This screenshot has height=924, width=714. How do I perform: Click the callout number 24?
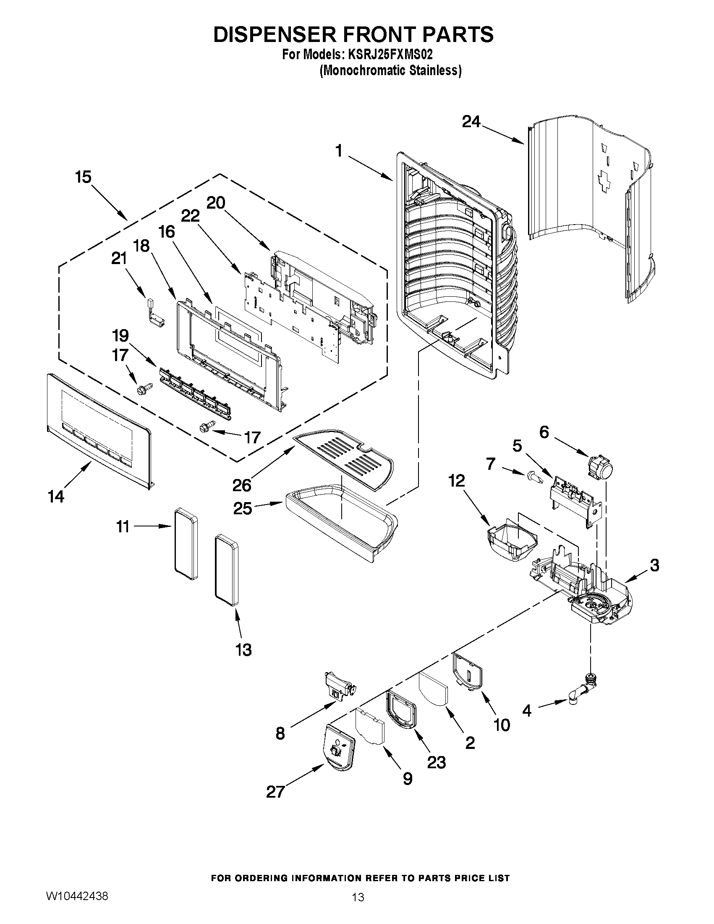pos(471,122)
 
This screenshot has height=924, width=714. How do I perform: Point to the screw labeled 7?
pos(534,477)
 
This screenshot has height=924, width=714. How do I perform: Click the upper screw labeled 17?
pos(144,388)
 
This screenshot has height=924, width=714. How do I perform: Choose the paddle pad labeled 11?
pos(186,544)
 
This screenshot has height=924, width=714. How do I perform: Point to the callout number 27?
pos(275,791)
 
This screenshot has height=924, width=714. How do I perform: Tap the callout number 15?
pos(84,177)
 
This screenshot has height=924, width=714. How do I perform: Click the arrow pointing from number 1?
pos(371,168)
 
